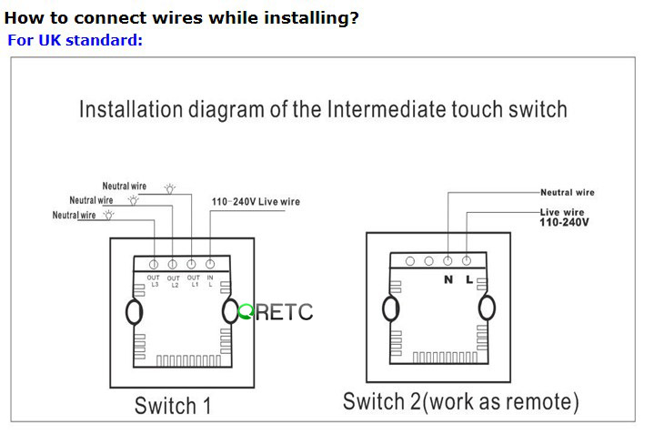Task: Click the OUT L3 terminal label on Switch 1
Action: (x=153, y=280)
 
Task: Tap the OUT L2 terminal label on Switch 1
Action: (x=173, y=281)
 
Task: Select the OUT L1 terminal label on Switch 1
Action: (x=193, y=280)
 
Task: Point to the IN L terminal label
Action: (x=210, y=280)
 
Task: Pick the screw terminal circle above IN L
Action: (x=211, y=263)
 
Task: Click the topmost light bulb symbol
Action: (x=170, y=187)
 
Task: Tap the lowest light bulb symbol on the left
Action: (x=109, y=216)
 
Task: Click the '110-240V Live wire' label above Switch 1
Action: (x=256, y=201)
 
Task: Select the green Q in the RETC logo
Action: (x=245, y=312)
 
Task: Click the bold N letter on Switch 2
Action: (x=448, y=279)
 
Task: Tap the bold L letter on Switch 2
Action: (x=469, y=279)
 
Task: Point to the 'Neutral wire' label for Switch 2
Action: (x=567, y=193)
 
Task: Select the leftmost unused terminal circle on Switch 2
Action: (x=410, y=261)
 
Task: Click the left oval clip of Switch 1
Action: (x=134, y=312)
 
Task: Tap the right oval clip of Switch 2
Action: (x=488, y=308)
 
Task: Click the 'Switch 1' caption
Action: (x=173, y=405)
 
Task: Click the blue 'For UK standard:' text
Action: (x=75, y=41)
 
